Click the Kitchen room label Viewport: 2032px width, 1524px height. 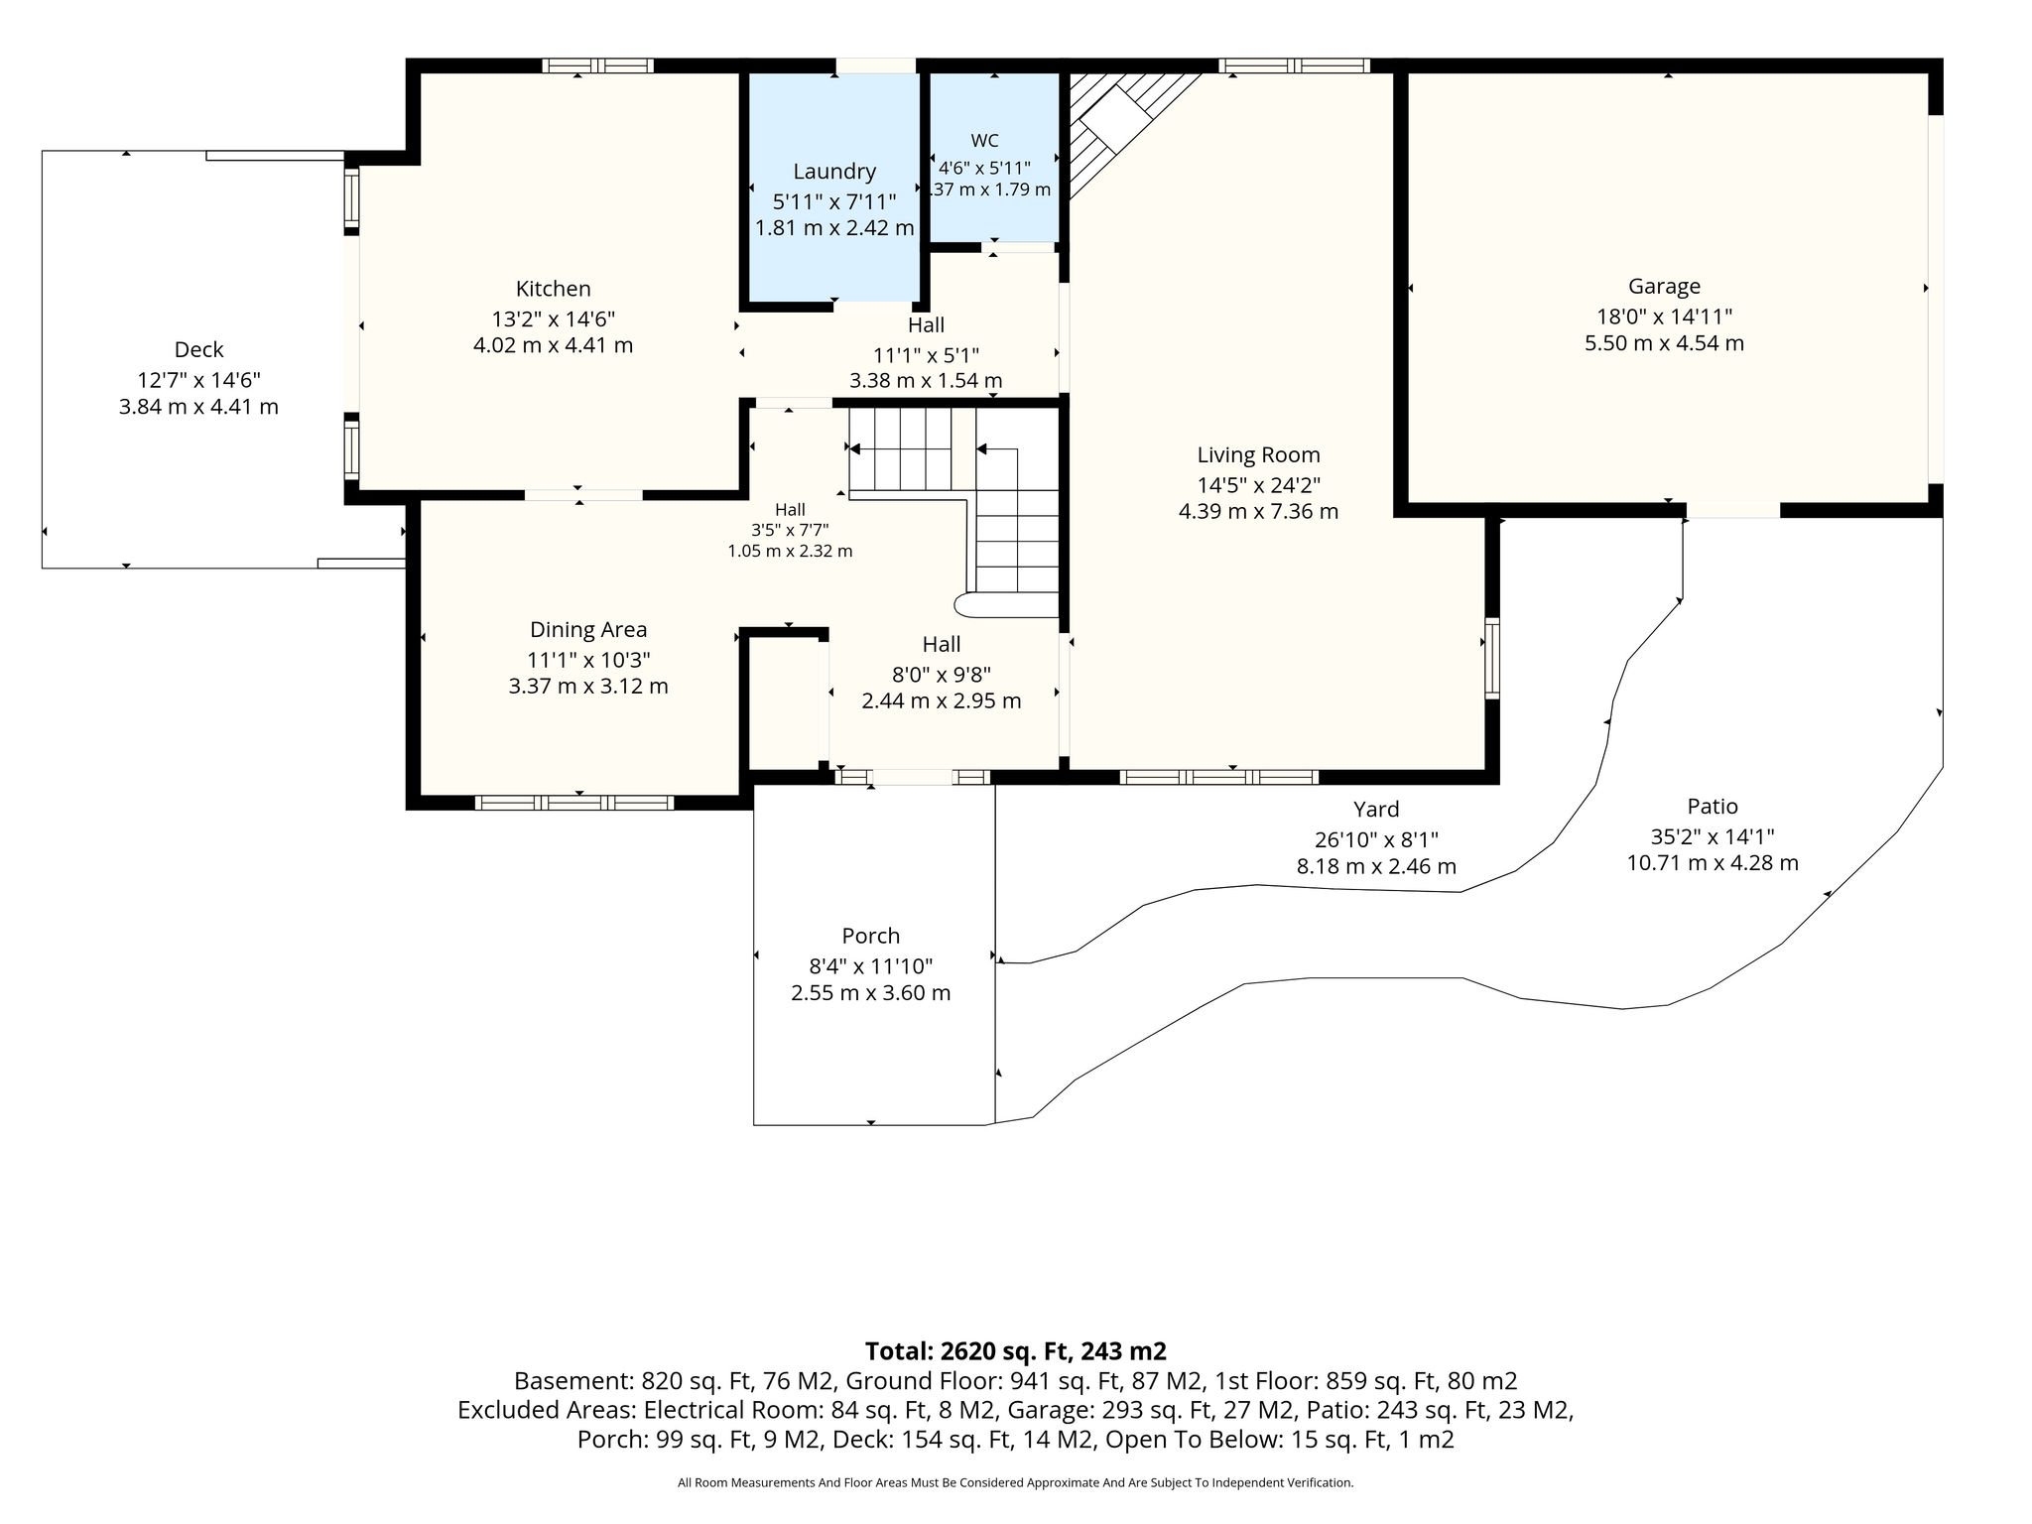(x=553, y=289)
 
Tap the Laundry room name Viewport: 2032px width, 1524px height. (x=834, y=172)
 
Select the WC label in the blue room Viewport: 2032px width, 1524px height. (x=984, y=141)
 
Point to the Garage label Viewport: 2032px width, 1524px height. (x=1664, y=287)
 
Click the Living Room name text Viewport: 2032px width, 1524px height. (x=1258, y=455)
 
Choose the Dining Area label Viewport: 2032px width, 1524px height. (x=588, y=629)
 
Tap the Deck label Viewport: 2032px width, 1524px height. (x=198, y=349)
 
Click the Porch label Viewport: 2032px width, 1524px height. (x=870, y=936)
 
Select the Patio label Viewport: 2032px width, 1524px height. (x=1713, y=807)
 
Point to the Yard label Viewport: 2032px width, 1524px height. (x=1376, y=810)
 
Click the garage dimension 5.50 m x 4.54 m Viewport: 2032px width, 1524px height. (x=1664, y=343)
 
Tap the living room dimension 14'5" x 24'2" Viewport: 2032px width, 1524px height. (x=1258, y=485)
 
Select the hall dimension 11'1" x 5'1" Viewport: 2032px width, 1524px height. (x=926, y=354)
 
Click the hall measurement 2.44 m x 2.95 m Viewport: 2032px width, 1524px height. (x=941, y=700)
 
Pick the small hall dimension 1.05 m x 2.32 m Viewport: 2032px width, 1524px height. (x=790, y=551)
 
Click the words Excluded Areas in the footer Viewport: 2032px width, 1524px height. (x=547, y=1410)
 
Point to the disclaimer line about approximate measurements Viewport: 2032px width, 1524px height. (x=1015, y=1482)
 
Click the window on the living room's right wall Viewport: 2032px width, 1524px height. (x=1491, y=658)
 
